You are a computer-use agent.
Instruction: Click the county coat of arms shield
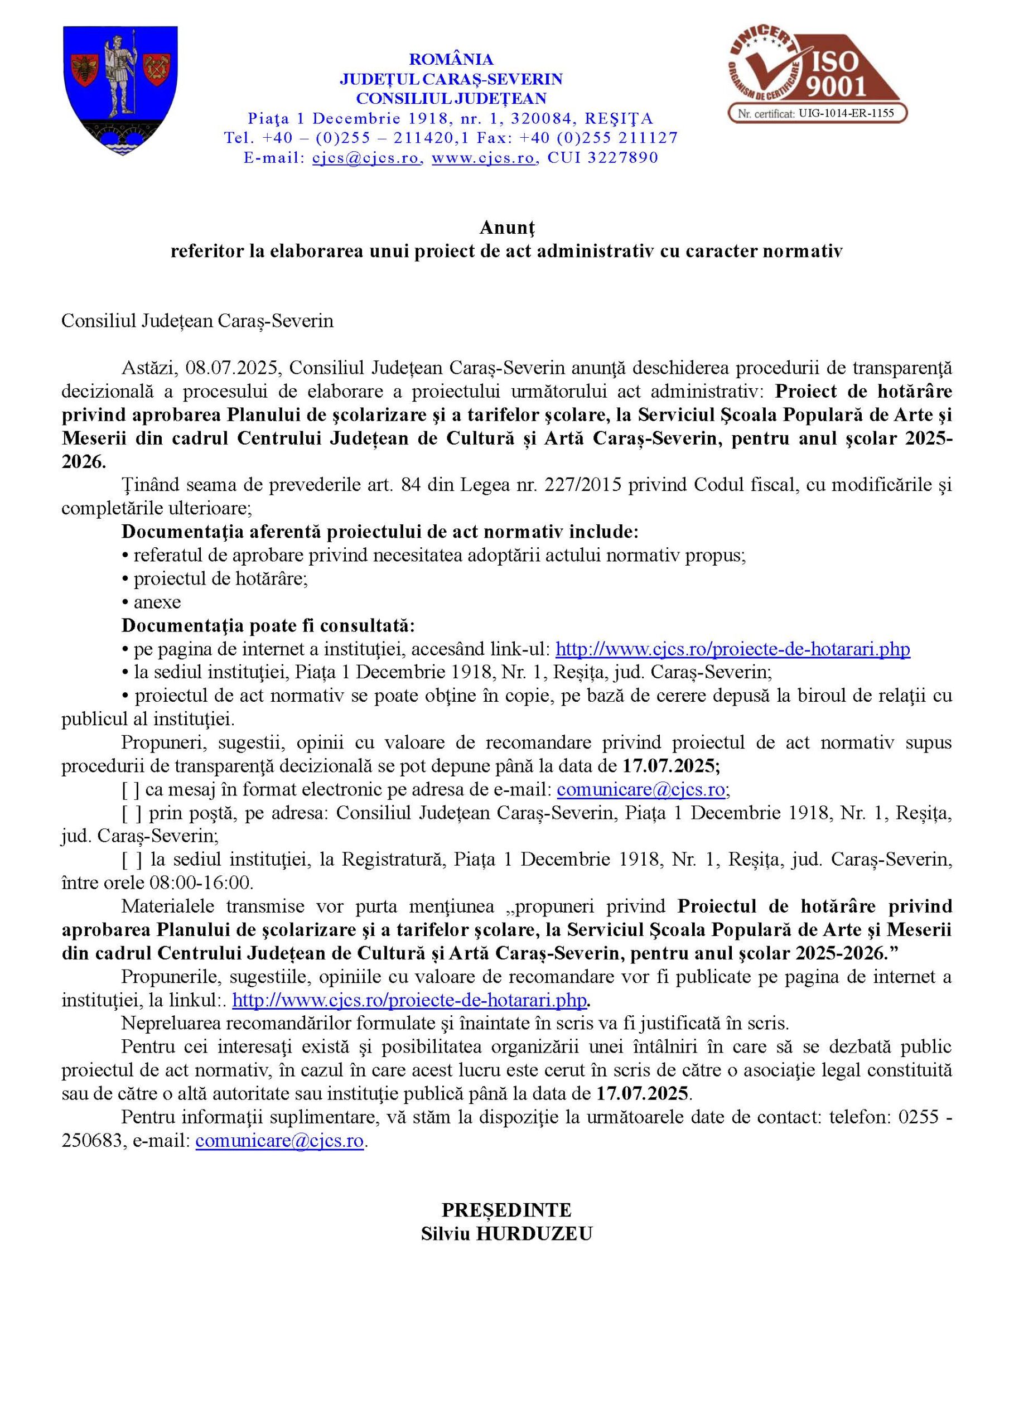[x=121, y=90]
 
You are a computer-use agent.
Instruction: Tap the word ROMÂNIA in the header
[x=451, y=59]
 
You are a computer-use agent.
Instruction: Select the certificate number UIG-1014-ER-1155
[x=846, y=113]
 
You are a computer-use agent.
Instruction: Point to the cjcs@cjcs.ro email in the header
[x=366, y=158]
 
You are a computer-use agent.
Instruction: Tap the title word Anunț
[x=507, y=228]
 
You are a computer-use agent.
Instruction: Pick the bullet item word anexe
[x=157, y=602]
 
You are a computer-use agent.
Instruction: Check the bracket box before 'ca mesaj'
[x=131, y=790]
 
